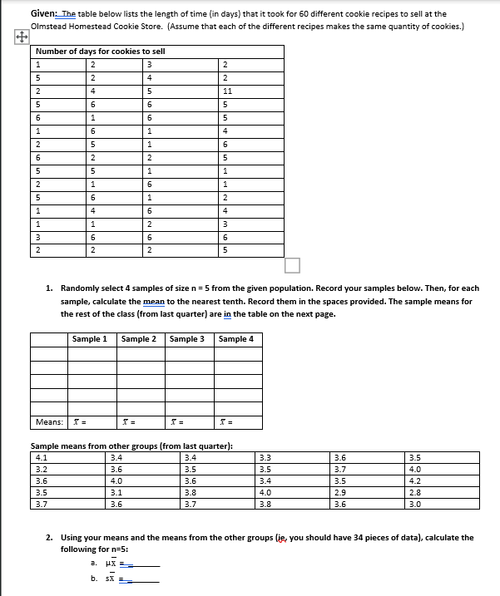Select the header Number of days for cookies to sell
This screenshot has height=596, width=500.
[x=101, y=52]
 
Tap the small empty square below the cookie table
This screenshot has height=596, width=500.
[x=292, y=266]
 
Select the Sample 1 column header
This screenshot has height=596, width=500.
[x=89, y=339]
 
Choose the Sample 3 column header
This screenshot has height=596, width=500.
[x=186, y=339]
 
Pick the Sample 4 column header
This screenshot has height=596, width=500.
[x=235, y=339]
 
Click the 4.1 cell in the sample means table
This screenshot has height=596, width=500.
[x=42, y=456]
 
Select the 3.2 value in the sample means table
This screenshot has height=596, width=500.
[x=42, y=468]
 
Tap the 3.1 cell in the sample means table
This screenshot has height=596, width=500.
[x=116, y=491]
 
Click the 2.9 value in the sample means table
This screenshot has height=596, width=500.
[x=339, y=491]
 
